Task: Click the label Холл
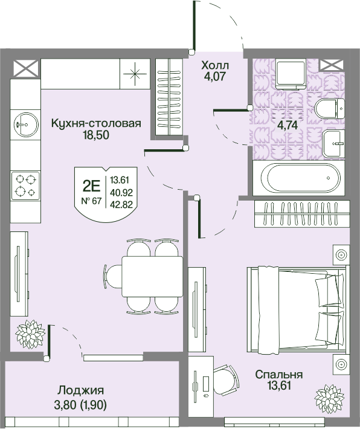tap(215, 66)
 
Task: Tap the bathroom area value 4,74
tap(288, 125)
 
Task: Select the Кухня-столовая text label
tap(96, 123)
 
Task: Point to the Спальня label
tap(278, 374)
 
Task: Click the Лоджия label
tap(80, 390)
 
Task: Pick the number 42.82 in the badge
tap(121, 204)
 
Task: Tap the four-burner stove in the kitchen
tap(25, 185)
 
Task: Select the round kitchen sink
tap(26, 124)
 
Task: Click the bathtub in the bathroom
tap(298, 178)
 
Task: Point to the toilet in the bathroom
tap(329, 109)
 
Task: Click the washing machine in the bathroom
tap(291, 74)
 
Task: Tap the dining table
tap(152, 276)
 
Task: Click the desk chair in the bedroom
tap(226, 380)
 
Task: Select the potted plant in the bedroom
tap(329, 399)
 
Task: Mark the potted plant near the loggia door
tap(30, 334)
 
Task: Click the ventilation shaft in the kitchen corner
tap(26, 68)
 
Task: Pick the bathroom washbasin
tap(333, 143)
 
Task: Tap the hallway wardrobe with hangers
tap(169, 97)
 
